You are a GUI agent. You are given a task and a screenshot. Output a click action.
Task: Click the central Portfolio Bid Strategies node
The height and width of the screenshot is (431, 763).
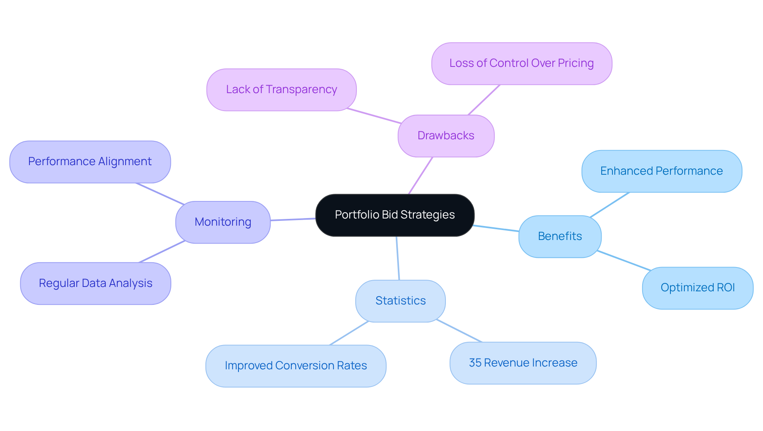(395, 215)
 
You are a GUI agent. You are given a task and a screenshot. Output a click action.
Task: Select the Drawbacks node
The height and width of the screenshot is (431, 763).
(446, 136)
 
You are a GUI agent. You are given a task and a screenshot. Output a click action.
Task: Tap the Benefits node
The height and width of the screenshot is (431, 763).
(560, 236)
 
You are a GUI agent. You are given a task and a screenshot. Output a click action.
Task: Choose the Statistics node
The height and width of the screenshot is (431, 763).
(400, 301)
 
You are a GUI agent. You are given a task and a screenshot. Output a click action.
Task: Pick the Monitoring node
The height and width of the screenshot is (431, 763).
(223, 222)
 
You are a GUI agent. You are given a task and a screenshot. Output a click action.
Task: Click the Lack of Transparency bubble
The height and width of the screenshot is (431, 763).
(281, 90)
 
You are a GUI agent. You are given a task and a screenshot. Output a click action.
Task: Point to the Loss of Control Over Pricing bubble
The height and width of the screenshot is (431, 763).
(521, 63)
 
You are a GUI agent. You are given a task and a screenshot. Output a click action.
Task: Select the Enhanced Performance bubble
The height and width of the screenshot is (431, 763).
(661, 171)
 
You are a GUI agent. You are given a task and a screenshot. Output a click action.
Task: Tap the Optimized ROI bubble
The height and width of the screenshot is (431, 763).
(697, 288)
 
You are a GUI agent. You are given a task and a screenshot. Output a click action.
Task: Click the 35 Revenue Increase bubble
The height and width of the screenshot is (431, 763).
(523, 363)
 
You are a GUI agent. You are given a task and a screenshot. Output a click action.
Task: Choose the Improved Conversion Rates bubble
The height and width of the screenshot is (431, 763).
(296, 366)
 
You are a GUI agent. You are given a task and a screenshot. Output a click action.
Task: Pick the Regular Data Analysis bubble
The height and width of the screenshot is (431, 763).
(95, 283)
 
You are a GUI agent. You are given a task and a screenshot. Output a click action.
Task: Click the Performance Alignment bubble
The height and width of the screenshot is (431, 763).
(90, 162)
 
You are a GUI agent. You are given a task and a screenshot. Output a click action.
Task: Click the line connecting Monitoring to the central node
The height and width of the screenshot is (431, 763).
(293, 219)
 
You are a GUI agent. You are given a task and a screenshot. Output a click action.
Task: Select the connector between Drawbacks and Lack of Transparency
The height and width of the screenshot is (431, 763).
(374, 116)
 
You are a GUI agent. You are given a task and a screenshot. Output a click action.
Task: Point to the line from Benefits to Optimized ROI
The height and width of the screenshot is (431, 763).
(624, 261)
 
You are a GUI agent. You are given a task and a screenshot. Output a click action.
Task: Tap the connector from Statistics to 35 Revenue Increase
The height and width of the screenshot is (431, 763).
(459, 331)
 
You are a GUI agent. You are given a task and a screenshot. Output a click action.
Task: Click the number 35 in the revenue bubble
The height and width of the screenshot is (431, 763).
(475, 363)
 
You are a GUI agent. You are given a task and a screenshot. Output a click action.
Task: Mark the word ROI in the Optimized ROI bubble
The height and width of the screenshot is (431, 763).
(725, 288)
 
